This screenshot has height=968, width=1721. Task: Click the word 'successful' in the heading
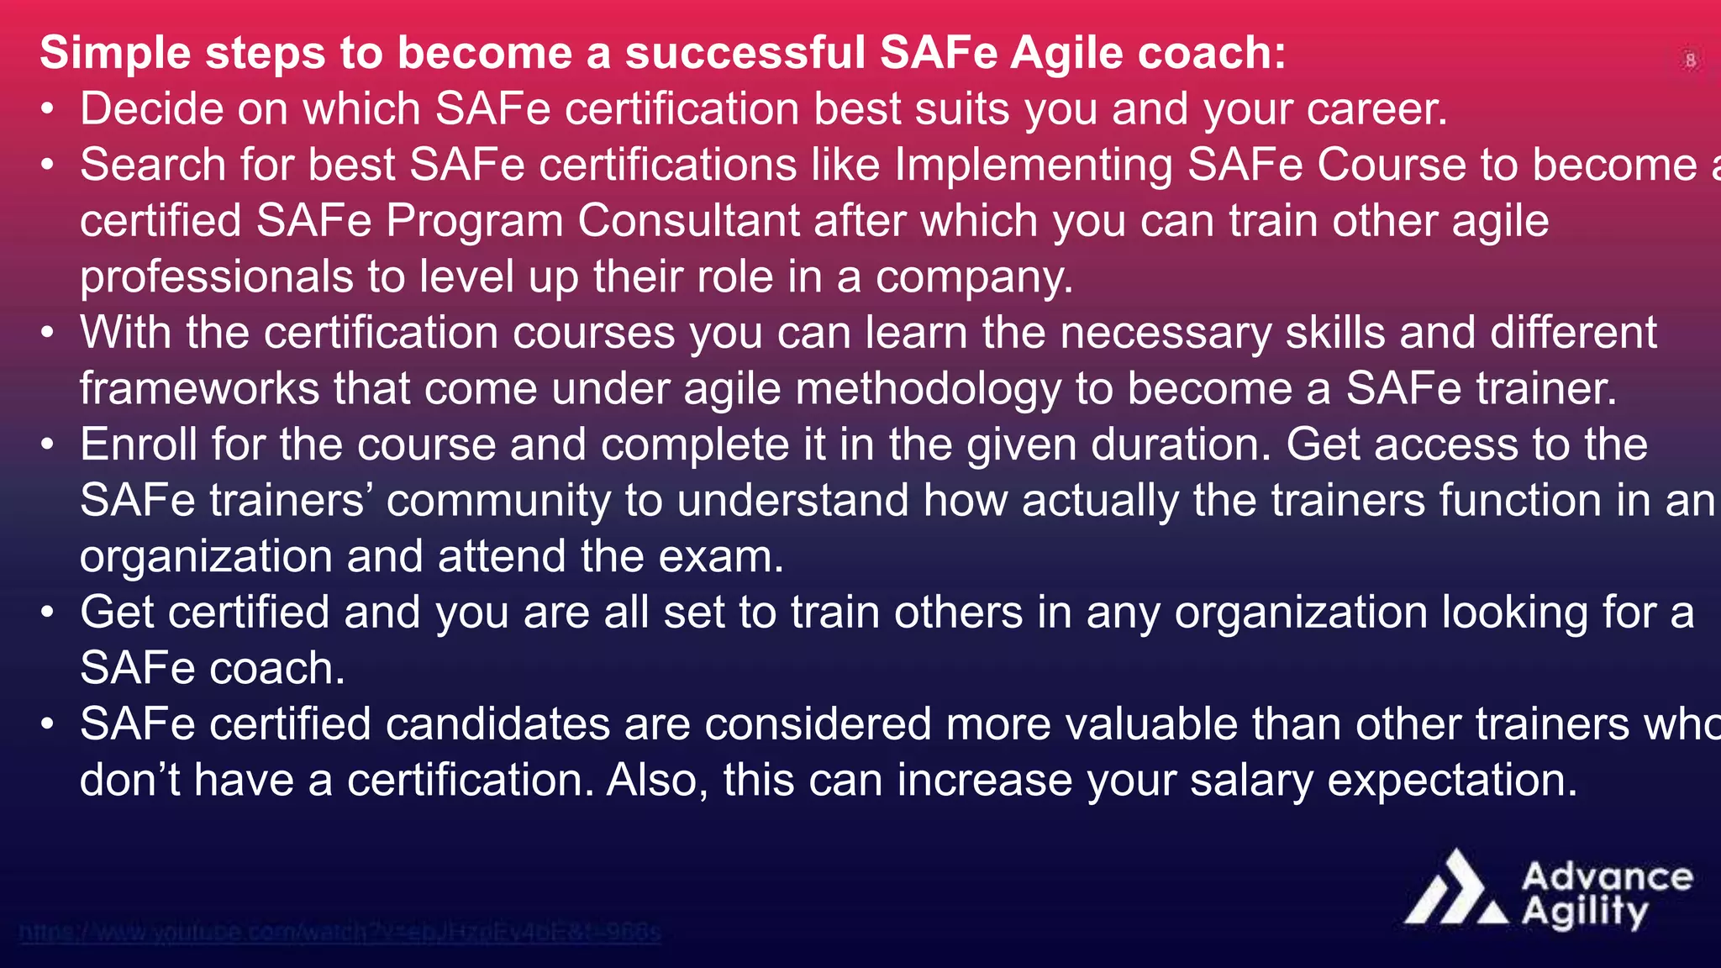pos(745,53)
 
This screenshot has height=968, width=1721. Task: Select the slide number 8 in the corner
pos(1691,60)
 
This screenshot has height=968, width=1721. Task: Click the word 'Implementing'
pos(1033,166)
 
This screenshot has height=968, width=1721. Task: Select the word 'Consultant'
pos(688,221)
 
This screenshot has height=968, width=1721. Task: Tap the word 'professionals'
pos(217,277)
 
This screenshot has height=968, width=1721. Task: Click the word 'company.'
pos(974,277)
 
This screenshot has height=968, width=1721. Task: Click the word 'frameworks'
pos(199,389)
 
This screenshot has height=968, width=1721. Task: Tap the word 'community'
pos(498,501)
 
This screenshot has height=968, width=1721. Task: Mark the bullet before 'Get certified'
pos(49,612)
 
